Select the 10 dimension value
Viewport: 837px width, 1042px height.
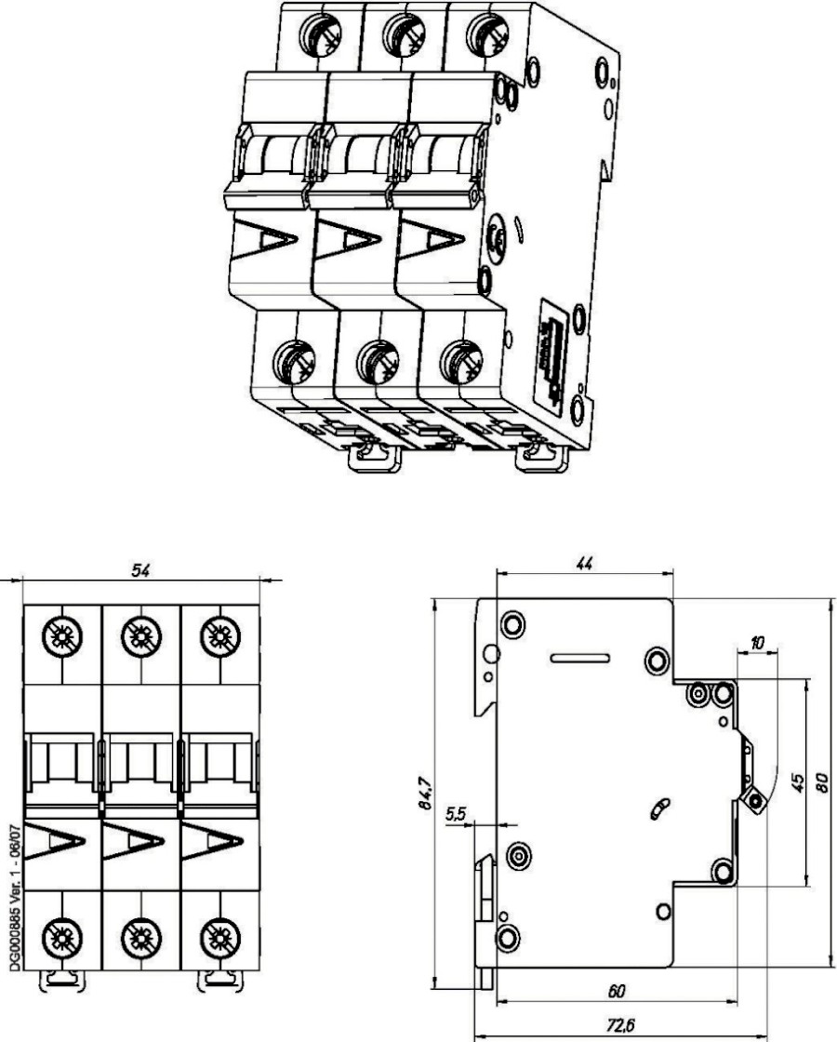pos(758,643)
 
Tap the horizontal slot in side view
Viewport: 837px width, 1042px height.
pos(580,659)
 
